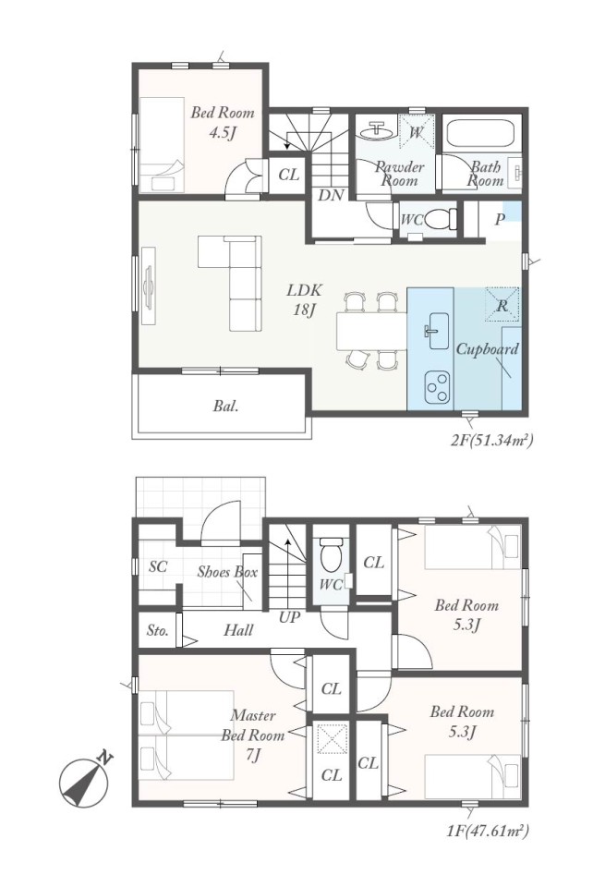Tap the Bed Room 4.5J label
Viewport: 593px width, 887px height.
click(223, 122)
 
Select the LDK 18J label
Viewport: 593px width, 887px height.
click(304, 299)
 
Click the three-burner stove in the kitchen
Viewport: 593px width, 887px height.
click(436, 387)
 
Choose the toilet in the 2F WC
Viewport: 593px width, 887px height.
click(439, 218)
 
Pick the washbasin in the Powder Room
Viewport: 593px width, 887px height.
click(377, 132)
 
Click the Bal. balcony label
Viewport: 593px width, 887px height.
click(225, 407)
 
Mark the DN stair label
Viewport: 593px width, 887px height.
click(332, 195)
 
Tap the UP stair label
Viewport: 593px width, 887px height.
click(289, 618)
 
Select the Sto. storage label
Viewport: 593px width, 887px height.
click(158, 630)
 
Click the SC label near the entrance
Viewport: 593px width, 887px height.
click(158, 566)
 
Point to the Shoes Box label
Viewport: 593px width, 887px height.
click(227, 571)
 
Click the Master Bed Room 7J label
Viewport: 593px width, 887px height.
click(253, 735)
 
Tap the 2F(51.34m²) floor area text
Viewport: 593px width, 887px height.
click(491, 440)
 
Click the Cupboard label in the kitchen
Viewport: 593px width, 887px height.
click(487, 349)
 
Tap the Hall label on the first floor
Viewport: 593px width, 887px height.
click(238, 629)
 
